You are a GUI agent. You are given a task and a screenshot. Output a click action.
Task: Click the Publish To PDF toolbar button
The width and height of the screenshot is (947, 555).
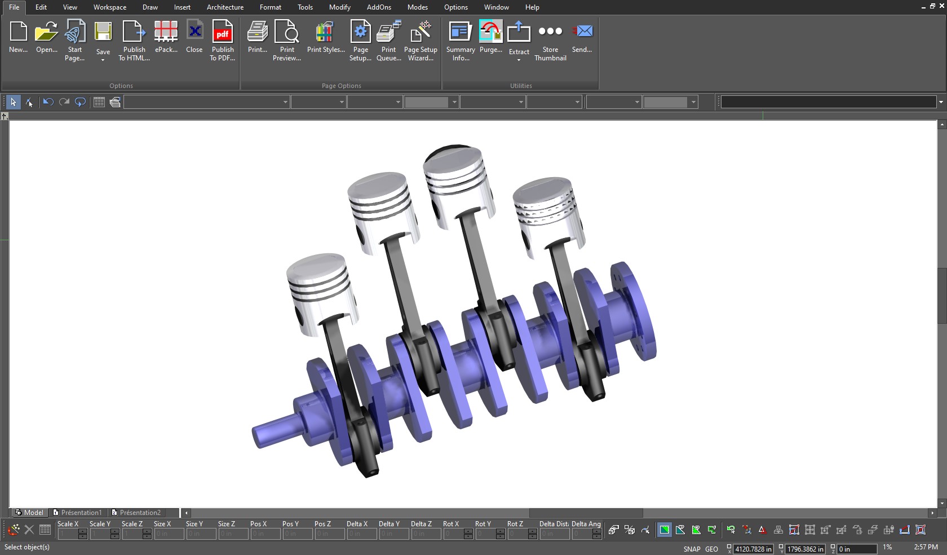pyautogui.click(x=222, y=39)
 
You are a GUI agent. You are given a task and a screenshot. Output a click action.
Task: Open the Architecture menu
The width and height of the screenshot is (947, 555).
pyautogui.click(x=225, y=7)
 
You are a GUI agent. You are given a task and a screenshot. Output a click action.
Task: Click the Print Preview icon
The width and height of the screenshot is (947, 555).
pyautogui.click(x=286, y=39)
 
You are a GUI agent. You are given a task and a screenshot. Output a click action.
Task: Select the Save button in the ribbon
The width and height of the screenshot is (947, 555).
pyautogui.click(x=103, y=39)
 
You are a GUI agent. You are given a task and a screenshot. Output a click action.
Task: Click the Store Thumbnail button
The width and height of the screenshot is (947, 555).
pyautogui.click(x=550, y=39)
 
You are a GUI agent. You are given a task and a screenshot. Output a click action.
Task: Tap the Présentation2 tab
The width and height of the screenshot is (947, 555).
pyautogui.click(x=140, y=513)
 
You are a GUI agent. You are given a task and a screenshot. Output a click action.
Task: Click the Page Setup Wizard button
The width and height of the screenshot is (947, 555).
pyautogui.click(x=421, y=39)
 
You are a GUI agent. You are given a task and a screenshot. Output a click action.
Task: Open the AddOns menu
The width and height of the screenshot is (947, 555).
pyautogui.click(x=379, y=7)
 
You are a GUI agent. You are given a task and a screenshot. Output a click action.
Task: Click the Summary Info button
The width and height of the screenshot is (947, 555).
pyautogui.click(x=461, y=39)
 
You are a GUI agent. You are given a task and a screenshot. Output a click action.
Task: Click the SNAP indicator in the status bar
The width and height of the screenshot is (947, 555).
pyautogui.click(x=692, y=549)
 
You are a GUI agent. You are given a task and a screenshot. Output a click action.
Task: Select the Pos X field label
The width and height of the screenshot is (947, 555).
pyautogui.click(x=258, y=524)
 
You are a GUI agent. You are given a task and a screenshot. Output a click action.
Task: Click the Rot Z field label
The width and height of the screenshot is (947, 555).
pyautogui.click(x=515, y=524)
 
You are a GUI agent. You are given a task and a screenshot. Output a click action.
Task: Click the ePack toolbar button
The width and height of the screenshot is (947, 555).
pyautogui.click(x=166, y=39)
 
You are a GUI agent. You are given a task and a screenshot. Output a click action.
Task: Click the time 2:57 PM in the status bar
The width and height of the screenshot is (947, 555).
pyautogui.click(x=926, y=547)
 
